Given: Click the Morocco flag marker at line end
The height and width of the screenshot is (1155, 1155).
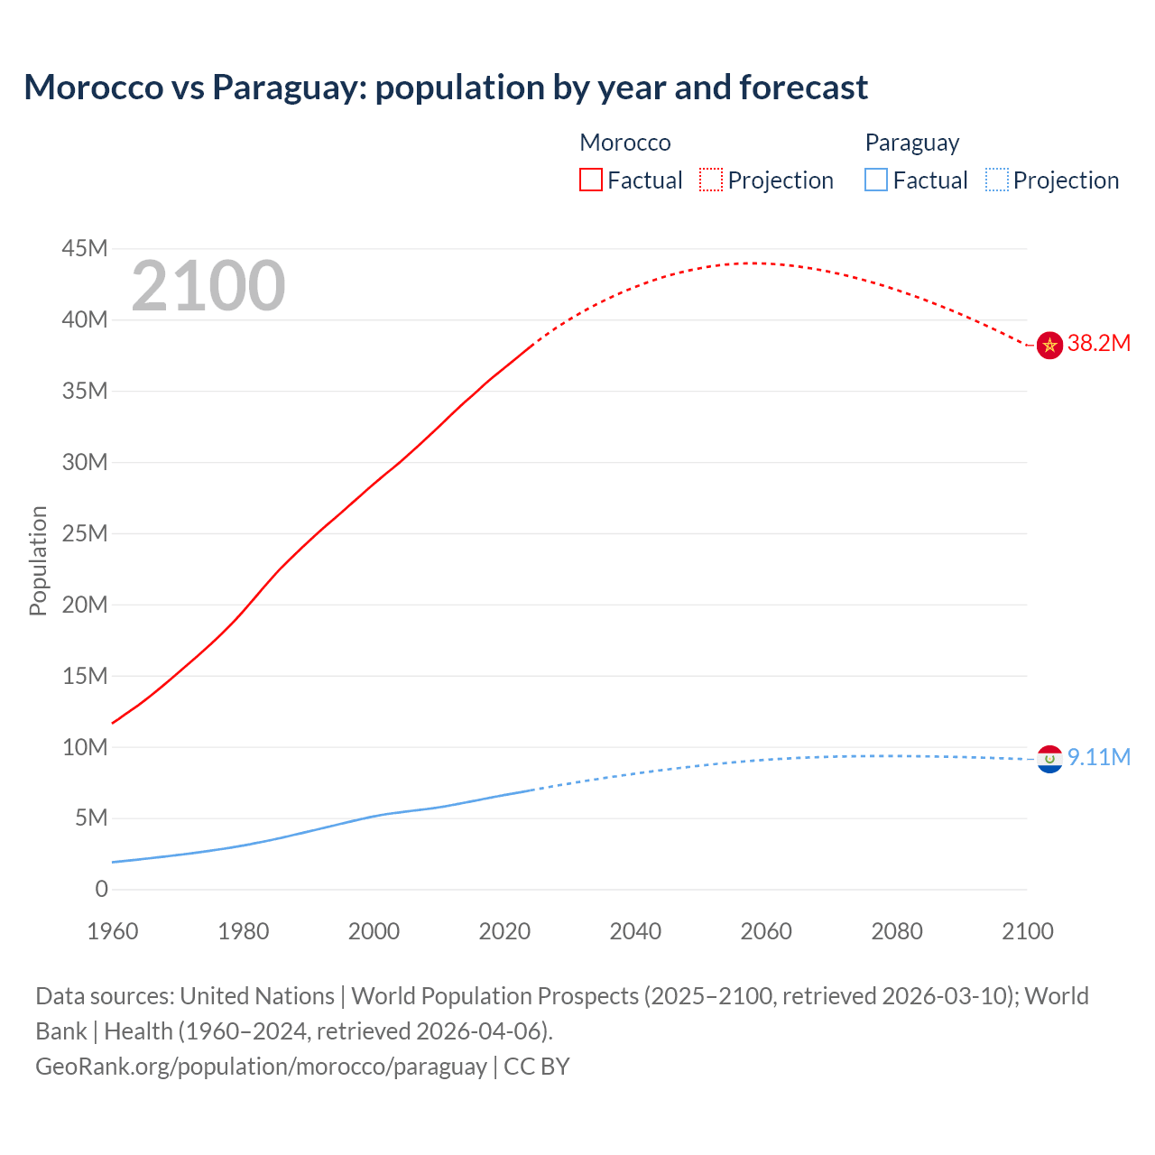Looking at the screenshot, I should [x=1049, y=345].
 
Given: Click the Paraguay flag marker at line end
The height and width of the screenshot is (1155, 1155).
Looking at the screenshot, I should [x=1049, y=759].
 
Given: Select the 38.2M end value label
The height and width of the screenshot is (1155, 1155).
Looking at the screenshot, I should [x=1098, y=344].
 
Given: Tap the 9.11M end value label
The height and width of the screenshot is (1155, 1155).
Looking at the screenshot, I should [x=1098, y=757].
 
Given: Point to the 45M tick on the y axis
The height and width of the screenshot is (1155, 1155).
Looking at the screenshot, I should [x=85, y=249].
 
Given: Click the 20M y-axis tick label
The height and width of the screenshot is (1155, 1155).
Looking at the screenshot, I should [x=85, y=605].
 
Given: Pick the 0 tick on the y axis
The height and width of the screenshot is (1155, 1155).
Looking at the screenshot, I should [x=101, y=890].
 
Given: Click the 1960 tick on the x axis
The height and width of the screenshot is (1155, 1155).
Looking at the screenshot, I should [x=113, y=931].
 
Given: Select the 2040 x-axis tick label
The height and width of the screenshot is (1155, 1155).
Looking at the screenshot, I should [x=635, y=931].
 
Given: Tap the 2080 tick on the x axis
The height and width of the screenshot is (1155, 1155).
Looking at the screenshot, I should [x=897, y=931].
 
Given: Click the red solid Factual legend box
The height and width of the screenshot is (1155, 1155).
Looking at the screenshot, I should [x=590, y=180].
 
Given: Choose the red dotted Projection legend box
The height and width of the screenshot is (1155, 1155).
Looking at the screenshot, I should [x=711, y=180].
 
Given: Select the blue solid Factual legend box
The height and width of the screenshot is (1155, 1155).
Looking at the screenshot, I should [x=876, y=180].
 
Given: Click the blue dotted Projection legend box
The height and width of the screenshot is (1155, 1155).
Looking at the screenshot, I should [x=996, y=180].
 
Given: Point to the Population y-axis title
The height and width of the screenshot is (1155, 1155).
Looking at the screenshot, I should [x=38, y=560].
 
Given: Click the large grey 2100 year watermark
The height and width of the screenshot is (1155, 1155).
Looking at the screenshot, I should [x=208, y=287].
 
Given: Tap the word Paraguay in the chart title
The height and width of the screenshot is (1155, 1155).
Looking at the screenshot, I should [x=288, y=88].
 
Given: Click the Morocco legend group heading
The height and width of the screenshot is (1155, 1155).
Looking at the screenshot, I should [x=624, y=143].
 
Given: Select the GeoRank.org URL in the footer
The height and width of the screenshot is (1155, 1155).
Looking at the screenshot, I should [x=261, y=1067].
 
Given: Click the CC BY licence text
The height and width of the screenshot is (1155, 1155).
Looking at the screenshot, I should [x=537, y=1067].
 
